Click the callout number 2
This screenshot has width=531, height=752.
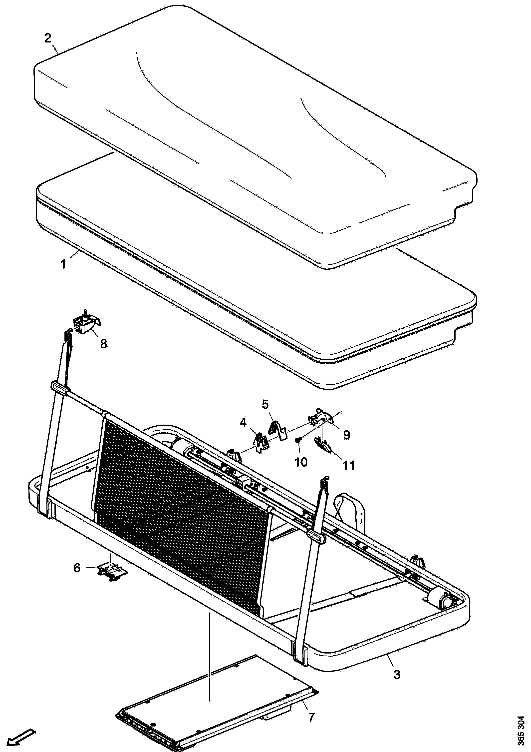(48, 38)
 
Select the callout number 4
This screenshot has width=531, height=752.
(243, 423)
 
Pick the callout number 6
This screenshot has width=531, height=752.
(77, 568)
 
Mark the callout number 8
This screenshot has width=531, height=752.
(103, 344)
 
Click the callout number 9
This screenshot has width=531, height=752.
(347, 435)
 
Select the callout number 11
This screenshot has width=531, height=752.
(348, 465)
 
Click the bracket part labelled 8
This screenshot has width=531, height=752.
(87, 323)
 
